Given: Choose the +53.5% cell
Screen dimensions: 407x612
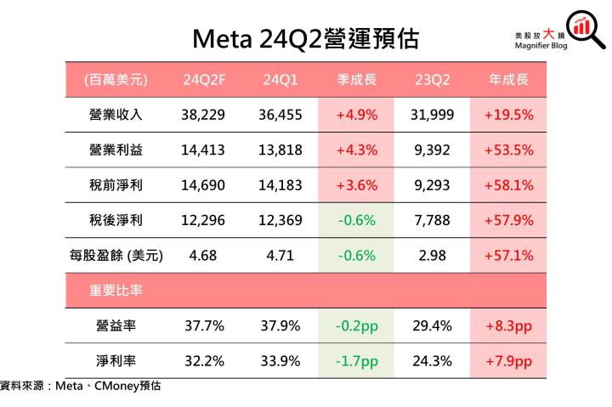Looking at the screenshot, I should (x=508, y=150).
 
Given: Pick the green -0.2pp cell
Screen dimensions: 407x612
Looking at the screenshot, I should (x=357, y=325).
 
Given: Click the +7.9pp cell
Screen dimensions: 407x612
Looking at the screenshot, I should (x=508, y=360).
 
